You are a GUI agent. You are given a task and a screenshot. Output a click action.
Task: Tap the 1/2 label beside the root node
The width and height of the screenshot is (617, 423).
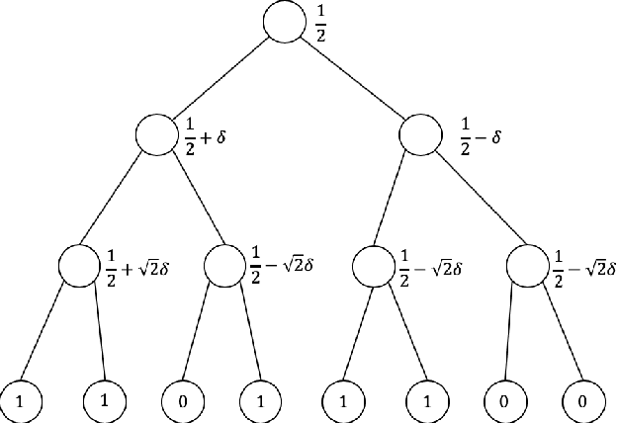point(318,21)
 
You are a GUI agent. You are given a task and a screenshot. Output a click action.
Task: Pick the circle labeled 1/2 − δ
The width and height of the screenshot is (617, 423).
point(420,136)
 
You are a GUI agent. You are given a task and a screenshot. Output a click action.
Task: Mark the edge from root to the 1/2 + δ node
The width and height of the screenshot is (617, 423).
point(220,80)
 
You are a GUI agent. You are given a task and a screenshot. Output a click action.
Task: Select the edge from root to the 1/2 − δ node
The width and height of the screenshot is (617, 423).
point(352,80)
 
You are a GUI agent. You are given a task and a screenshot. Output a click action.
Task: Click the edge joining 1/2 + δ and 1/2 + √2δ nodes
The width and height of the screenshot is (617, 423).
point(118,200)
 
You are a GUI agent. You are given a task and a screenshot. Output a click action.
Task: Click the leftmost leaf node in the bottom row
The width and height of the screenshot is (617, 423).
point(21,401)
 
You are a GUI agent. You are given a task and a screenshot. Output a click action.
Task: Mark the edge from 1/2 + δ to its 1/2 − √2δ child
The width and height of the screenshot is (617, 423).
point(190,200)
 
